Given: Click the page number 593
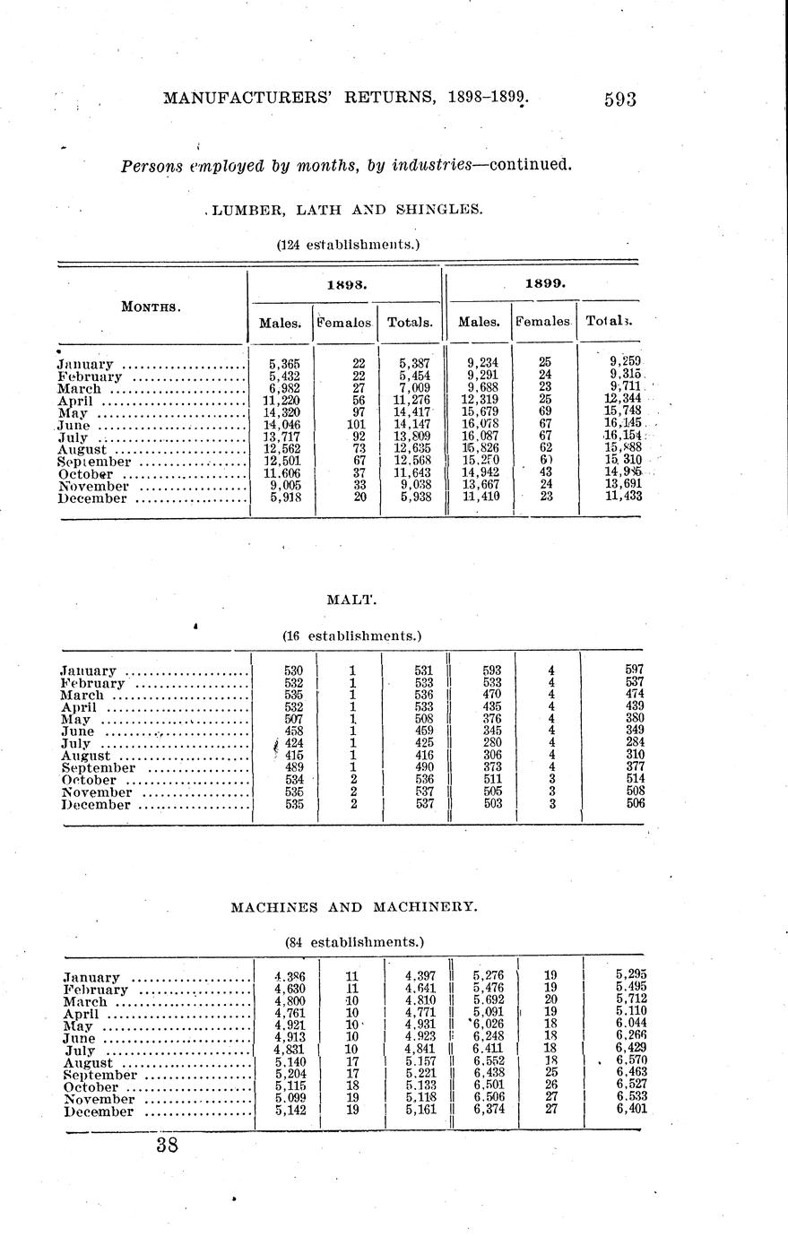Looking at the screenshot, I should pos(619,99).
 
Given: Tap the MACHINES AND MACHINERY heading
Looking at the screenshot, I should pos(354,907).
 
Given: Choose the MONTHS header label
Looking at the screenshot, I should pos(152,307).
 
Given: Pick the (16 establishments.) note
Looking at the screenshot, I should pos(351,636).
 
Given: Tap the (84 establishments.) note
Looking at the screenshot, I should pos(354,942).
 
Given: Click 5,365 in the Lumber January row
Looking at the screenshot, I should pos(284,364).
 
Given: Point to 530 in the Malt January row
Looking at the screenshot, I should pos(292,670).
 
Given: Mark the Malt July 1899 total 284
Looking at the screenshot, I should pos(634,743).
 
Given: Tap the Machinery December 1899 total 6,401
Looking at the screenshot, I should pos(631,1110).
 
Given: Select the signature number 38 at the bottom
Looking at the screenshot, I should pos(167,1145).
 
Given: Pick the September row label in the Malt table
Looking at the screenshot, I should pos(98,768).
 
